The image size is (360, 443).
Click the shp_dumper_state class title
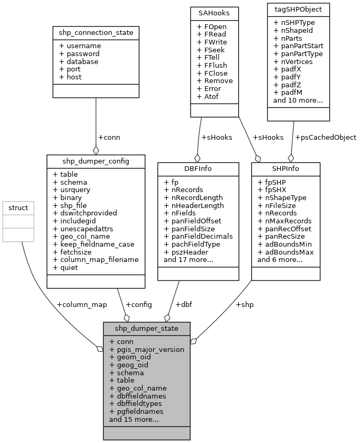pos(146,328)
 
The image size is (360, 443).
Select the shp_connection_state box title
pos(96,33)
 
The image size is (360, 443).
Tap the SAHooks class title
pos(214,12)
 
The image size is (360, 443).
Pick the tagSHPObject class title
pos(299,10)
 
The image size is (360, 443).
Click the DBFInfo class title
pos(197,169)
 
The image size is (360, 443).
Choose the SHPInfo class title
pos(286,169)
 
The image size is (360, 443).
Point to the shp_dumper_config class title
pos(96,161)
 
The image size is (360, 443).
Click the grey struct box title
pos(18,207)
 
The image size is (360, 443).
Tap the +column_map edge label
pos(82,304)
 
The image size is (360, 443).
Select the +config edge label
pos(139,304)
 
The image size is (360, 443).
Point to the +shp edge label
pos(245,304)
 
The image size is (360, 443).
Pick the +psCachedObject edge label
pos(325,137)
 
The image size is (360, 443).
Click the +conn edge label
pos(109,137)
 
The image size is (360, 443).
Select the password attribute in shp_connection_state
pos(79,53)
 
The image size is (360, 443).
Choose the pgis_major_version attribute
pos(147,349)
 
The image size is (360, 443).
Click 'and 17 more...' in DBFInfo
pos(188,259)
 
